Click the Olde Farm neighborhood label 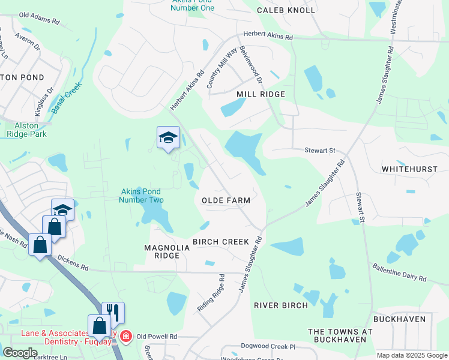point(225,200)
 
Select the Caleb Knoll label point(286,10)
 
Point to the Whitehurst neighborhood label point(410,169)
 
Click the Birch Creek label point(220,241)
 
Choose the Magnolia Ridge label point(162,251)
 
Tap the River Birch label point(281,305)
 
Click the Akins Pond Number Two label point(142,196)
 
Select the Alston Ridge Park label point(26,130)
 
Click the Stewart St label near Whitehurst point(318,151)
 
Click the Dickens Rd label point(73,262)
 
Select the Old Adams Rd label point(40,18)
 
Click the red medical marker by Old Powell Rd point(125,336)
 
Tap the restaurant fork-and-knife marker point(113,312)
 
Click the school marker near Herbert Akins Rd point(168,137)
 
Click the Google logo point(20,353)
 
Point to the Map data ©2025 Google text point(411,355)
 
